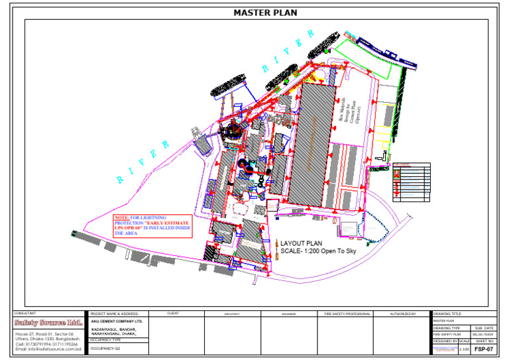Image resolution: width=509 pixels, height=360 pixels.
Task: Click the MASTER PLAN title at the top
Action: coord(265,12)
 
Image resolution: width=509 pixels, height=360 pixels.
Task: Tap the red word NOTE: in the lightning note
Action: coord(122,217)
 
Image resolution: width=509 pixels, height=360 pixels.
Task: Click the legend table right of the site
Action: coord(411,181)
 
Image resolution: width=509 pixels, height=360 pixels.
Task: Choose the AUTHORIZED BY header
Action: coord(402,313)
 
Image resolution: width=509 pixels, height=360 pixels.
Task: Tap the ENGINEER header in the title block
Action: coord(289,313)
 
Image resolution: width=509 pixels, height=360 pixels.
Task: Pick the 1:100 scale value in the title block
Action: coord(463,349)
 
